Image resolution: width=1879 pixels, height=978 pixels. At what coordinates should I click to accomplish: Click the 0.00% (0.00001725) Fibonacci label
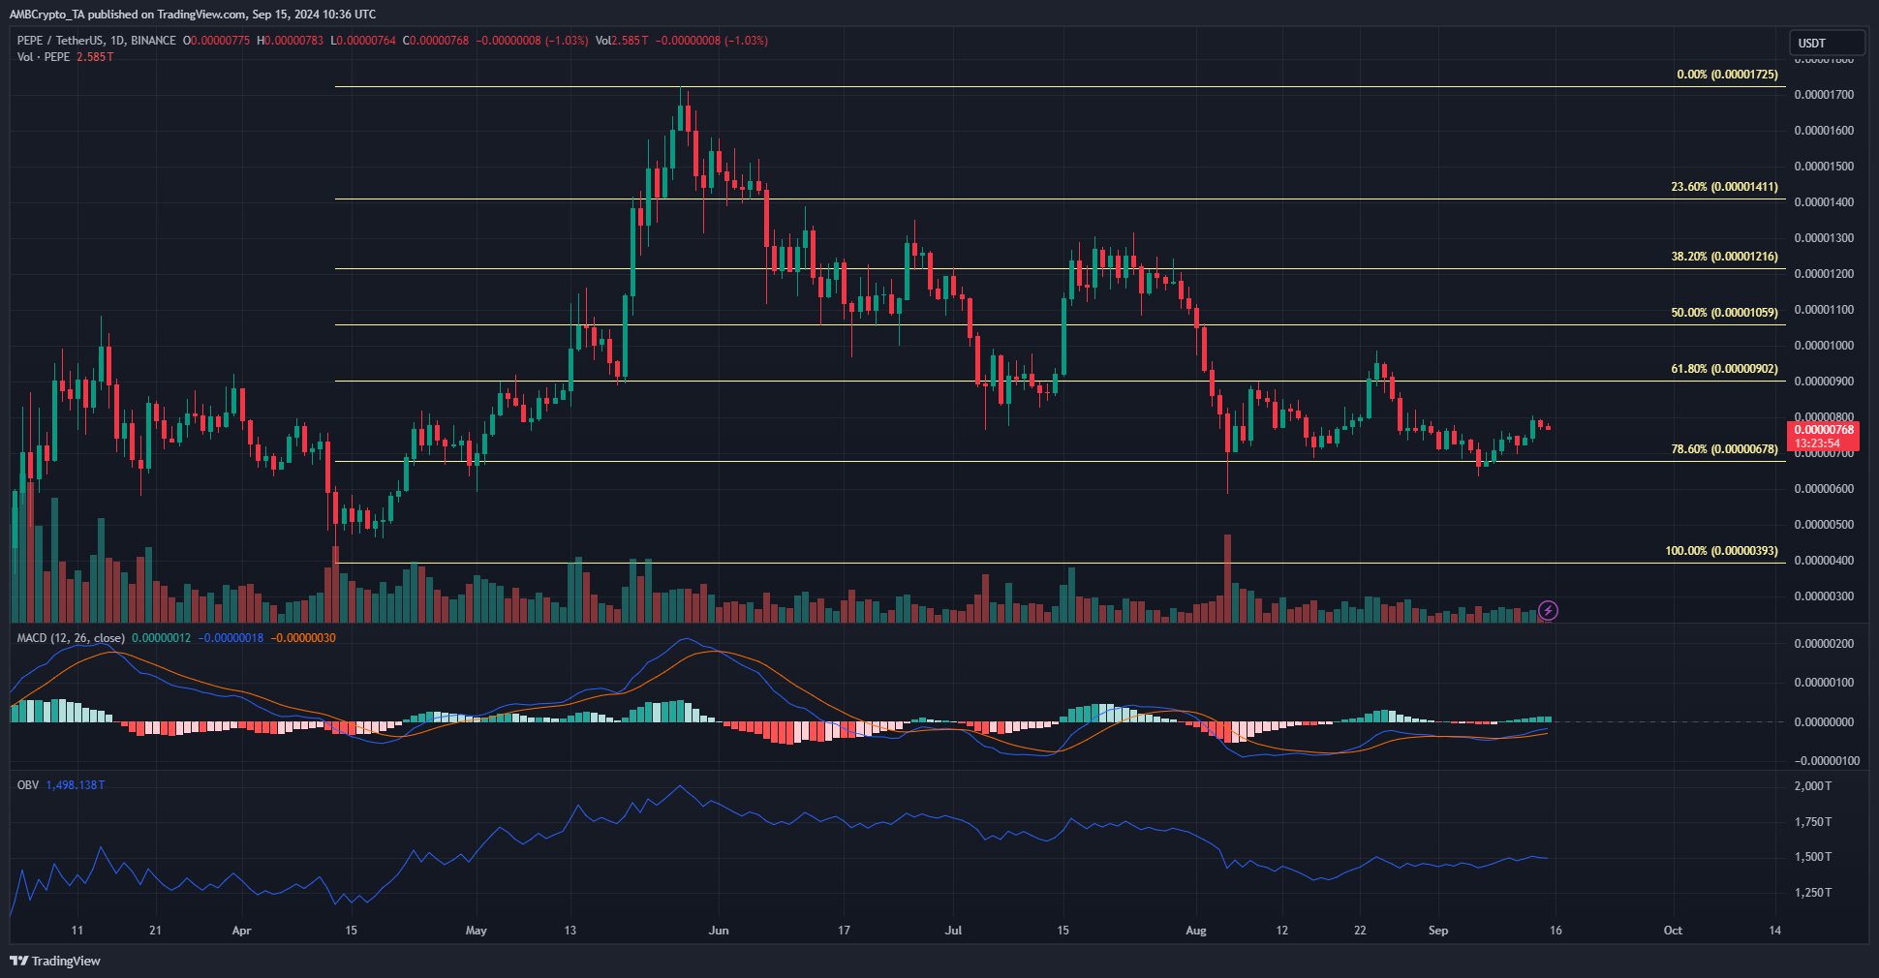tap(1727, 75)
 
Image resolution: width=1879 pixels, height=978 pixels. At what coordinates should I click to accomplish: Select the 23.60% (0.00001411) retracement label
tap(1724, 187)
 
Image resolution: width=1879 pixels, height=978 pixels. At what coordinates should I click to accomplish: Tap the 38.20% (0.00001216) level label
tap(1724, 257)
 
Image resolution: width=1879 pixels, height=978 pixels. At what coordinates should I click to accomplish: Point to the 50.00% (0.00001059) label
tap(1724, 313)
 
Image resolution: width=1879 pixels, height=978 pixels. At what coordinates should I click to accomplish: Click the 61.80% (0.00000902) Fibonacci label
tap(1724, 369)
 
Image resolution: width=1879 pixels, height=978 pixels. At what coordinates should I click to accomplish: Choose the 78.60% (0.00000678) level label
tap(1724, 449)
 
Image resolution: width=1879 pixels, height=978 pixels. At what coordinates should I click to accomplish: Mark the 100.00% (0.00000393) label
tap(1721, 551)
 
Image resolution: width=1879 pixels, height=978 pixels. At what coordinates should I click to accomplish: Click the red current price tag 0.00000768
tap(1824, 430)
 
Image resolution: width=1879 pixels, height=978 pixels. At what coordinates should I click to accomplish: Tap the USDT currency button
tap(1826, 43)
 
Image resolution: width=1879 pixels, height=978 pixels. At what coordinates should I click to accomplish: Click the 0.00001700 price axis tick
tap(1824, 95)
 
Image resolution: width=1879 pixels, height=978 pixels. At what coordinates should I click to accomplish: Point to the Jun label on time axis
tap(719, 931)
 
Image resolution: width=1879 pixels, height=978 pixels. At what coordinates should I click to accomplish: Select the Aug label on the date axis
tap(1196, 931)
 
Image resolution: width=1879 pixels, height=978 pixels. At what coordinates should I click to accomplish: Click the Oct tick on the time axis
tap(1673, 931)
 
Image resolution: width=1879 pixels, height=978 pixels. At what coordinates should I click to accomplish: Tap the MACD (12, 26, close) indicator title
tap(71, 638)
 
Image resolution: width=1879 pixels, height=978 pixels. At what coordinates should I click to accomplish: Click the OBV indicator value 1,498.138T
tap(76, 785)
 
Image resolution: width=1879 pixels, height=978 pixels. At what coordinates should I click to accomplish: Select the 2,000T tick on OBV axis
tap(1813, 786)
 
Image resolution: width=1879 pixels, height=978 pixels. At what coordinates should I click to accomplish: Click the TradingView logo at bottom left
tap(55, 961)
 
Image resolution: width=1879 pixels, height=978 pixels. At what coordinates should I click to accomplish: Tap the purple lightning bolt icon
tap(1548, 610)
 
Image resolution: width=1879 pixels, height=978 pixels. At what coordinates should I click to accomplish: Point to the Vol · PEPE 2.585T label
tap(65, 57)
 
